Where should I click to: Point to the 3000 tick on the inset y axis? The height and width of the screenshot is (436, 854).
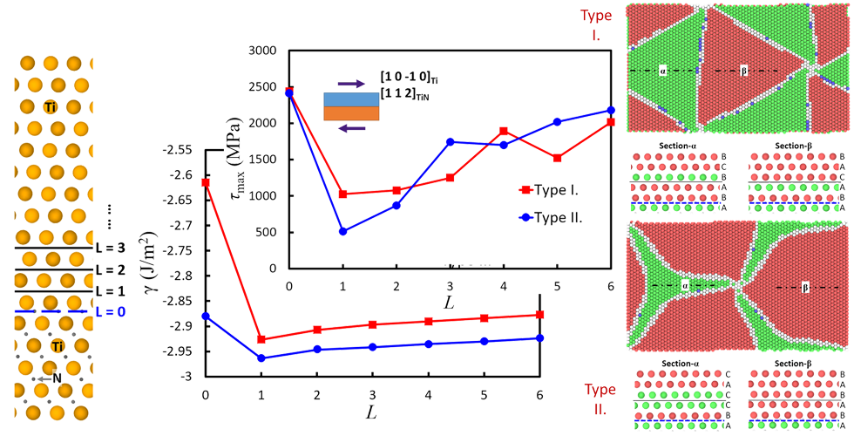[x=265, y=51]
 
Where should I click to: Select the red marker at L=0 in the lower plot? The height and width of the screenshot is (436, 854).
[x=206, y=182]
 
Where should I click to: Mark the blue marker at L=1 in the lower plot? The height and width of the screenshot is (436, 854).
[x=261, y=358]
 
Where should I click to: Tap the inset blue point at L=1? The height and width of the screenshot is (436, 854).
[x=343, y=231]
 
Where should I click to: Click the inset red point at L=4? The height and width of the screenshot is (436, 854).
[x=504, y=131]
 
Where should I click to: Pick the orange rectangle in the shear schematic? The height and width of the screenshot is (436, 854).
[x=352, y=113]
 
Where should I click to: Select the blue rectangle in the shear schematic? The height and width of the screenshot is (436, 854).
[x=352, y=99]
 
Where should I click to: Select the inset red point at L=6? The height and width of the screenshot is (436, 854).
[x=611, y=122]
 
